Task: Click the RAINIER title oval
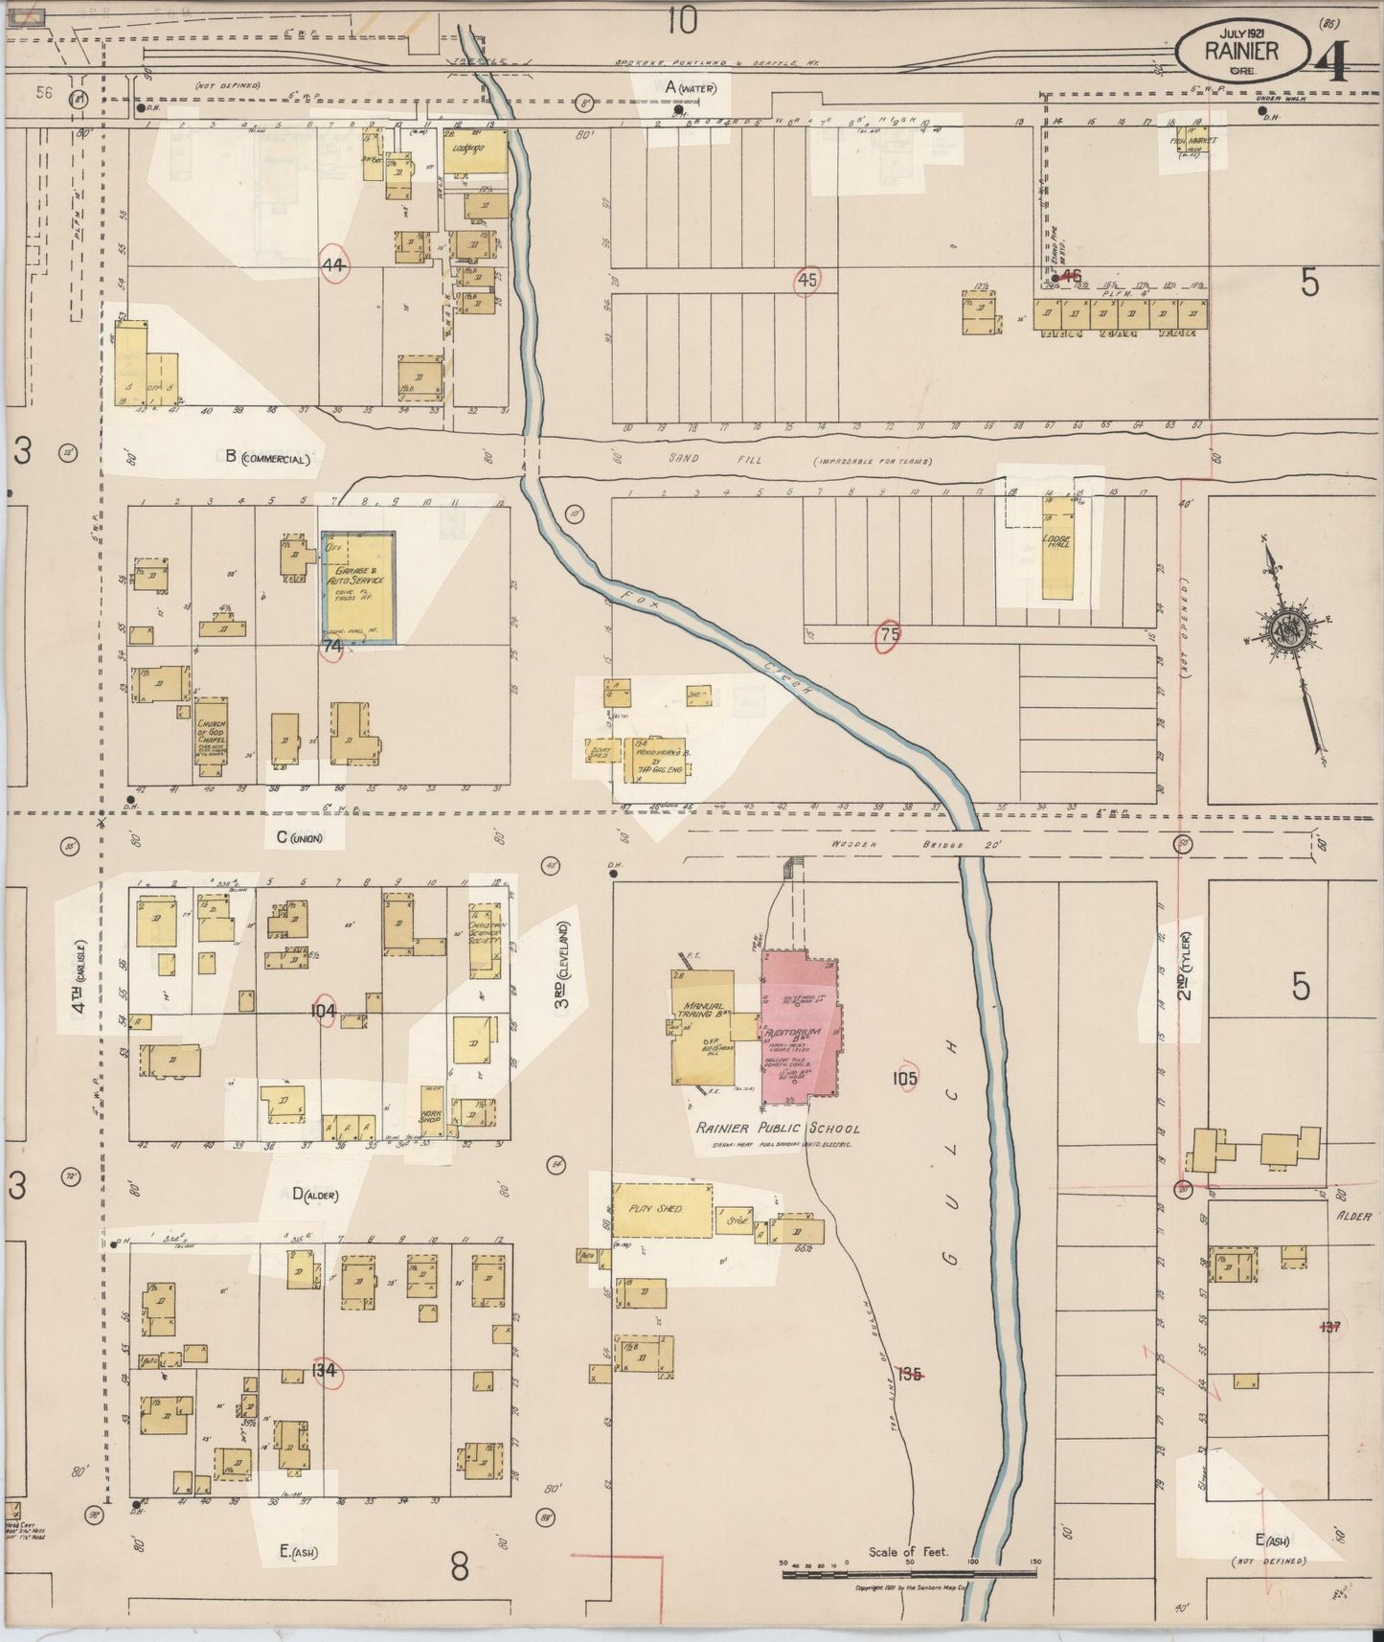coord(1241,50)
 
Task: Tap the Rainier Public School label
coord(777,1129)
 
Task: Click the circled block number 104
coord(324,1011)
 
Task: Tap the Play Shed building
coord(662,1209)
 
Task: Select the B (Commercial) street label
coord(268,458)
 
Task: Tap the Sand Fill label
coord(709,460)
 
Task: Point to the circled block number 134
coord(324,1371)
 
